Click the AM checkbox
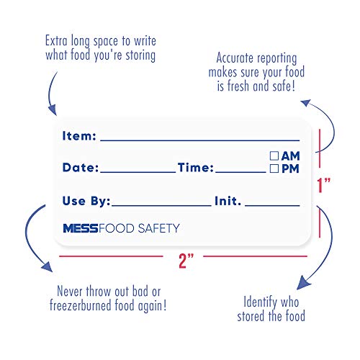(274, 156)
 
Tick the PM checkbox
(274, 168)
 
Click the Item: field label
(79, 136)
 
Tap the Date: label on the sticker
(81, 168)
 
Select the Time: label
(196, 168)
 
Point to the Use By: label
(86, 201)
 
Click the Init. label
(228, 201)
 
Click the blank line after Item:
(200, 140)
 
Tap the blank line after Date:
(138, 172)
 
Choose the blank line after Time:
(240, 172)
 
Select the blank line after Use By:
(161, 205)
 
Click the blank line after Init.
(272, 205)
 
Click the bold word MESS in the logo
(81, 228)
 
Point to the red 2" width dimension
(186, 261)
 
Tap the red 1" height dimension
(323, 185)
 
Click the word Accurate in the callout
(235, 58)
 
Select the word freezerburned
(81, 305)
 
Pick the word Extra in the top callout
(56, 40)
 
